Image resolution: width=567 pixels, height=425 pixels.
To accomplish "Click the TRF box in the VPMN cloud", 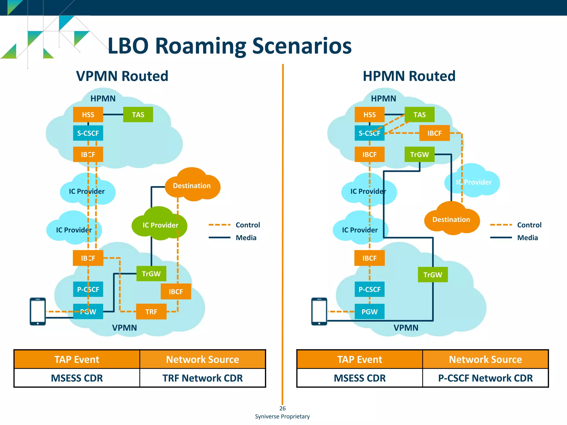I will (151, 312).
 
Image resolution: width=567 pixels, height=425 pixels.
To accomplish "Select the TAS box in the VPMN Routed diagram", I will (138, 115).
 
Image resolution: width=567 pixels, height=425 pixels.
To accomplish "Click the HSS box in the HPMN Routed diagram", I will (369, 115).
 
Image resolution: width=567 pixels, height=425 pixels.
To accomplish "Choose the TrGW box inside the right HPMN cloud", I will (419, 154).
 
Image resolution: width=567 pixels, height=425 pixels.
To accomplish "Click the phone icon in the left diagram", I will (38, 311).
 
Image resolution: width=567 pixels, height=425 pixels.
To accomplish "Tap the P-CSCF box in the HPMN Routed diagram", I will (369, 289).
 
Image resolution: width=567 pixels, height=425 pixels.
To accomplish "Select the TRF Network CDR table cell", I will (202, 378).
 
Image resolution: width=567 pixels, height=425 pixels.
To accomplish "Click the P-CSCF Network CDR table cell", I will (485, 378).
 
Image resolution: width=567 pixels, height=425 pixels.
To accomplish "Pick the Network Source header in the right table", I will (485, 359).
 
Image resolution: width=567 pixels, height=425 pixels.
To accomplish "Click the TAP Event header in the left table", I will (77, 359).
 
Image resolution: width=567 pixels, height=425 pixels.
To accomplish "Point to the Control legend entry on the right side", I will (529, 225).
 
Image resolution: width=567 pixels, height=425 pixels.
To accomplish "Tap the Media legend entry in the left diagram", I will (246, 238).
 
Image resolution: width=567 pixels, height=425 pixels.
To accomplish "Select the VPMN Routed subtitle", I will (122, 76).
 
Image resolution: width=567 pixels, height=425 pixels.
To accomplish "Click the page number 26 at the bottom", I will (282, 408).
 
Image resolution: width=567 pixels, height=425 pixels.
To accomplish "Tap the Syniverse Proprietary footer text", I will (282, 416).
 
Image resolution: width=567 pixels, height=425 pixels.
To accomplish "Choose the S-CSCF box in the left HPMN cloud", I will (88, 133).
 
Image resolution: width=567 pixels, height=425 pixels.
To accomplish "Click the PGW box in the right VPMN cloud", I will (369, 312).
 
